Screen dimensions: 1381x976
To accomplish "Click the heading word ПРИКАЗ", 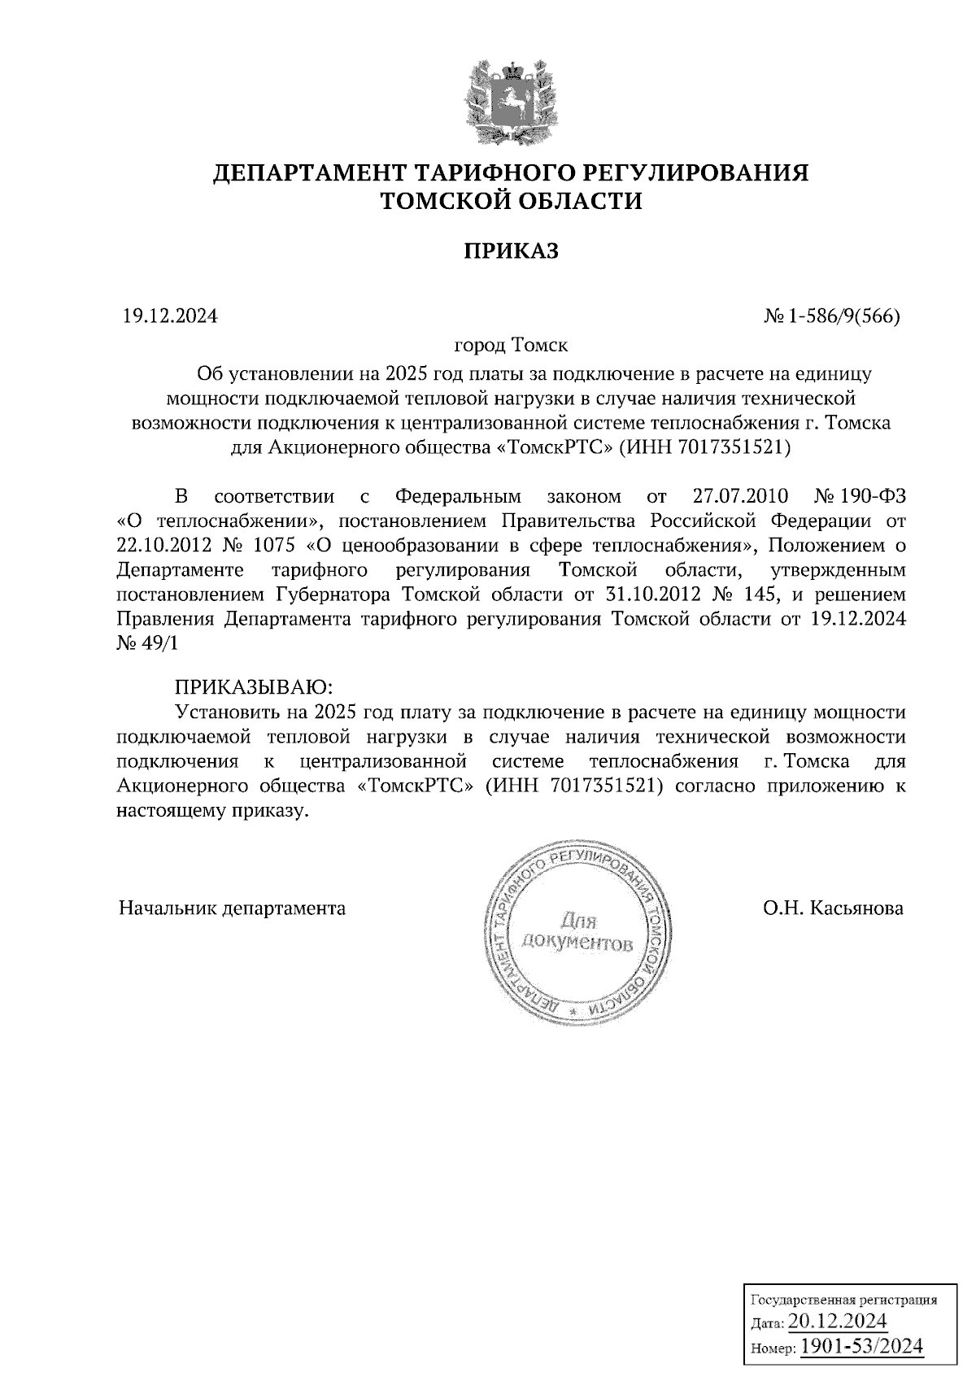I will (512, 250).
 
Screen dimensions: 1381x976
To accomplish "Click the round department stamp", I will (577, 935).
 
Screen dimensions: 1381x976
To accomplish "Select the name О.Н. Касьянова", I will (833, 908).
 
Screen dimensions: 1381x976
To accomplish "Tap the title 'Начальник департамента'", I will (232, 908).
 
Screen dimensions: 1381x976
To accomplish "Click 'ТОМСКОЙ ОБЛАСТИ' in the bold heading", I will (512, 200).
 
